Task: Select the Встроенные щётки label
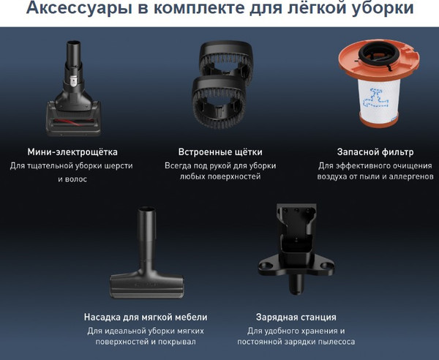click(220, 152)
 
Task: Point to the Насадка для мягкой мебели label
click(146, 317)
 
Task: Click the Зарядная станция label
click(296, 317)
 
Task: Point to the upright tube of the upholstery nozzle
click(146, 234)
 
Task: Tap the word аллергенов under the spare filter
click(404, 177)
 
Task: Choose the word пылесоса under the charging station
click(334, 342)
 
